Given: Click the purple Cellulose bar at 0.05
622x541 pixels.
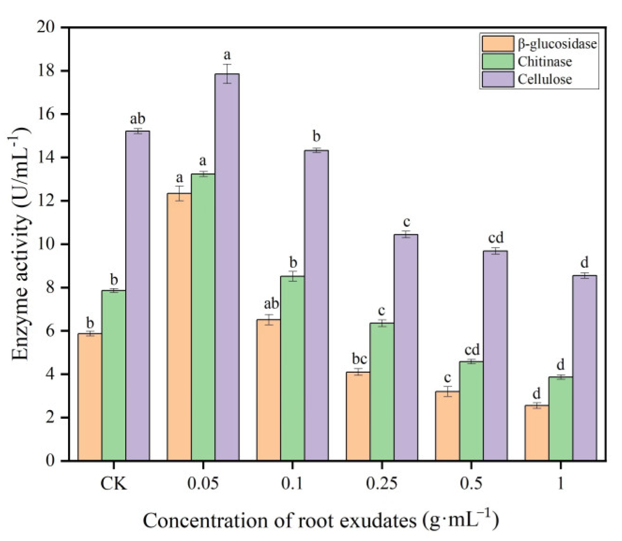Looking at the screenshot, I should (x=227, y=267).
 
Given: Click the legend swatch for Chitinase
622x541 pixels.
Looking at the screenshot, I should (x=498, y=61).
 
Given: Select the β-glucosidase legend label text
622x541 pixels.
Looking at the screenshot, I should (x=557, y=44).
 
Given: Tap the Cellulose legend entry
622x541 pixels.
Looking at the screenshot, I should (x=545, y=79).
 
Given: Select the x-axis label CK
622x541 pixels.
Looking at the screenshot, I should (x=114, y=483).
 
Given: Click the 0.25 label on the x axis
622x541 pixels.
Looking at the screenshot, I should (x=382, y=483).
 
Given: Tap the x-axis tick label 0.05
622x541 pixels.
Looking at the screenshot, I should (x=203, y=483).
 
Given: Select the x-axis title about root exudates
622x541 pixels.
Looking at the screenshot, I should (x=321, y=520).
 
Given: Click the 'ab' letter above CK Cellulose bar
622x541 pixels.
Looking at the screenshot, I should (x=137, y=119).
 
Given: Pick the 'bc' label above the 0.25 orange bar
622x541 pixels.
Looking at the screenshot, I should (x=359, y=359).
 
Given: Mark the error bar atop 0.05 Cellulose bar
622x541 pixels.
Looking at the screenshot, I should (x=227, y=74).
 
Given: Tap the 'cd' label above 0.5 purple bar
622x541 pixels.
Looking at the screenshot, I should (x=495, y=238).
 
